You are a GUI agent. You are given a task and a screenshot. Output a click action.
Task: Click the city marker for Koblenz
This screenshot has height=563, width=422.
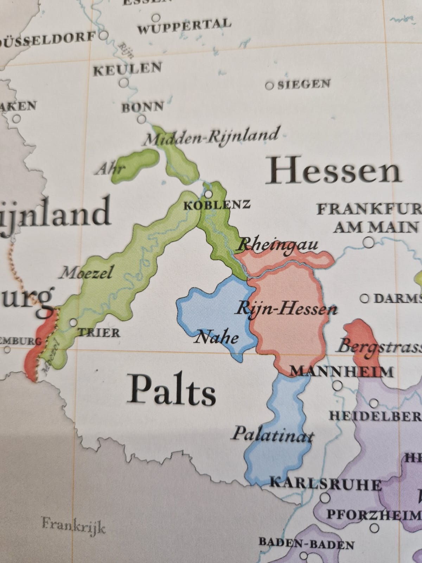click(x=209, y=194)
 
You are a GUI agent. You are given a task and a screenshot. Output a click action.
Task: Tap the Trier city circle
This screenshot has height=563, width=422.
click(x=73, y=322)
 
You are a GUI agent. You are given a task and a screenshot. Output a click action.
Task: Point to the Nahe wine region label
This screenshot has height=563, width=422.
click(x=216, y=338)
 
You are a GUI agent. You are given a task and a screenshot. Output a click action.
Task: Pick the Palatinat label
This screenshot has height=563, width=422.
click(x=272, y=434)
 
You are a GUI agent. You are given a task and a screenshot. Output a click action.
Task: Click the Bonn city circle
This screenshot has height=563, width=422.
click(x=141, y=119)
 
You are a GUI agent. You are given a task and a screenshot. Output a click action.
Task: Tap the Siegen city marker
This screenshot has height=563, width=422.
click(x=270, y=86)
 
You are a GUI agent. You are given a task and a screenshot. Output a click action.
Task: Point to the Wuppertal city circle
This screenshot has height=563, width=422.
click(x=156, y=18)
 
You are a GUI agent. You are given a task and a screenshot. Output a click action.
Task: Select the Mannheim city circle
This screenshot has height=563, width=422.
click(x=338, y=386)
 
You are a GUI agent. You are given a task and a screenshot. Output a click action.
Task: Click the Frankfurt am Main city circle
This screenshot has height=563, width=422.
click(x=369, y=242)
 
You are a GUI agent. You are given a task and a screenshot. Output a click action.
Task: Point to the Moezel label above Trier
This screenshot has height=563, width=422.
click(x=85, y=272)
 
